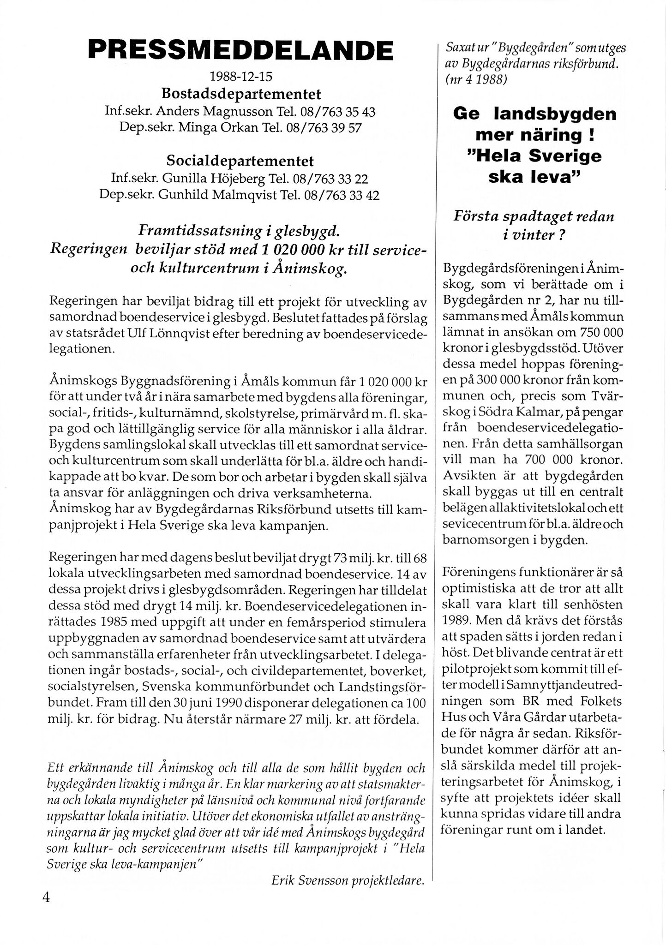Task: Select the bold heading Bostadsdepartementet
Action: pos(240,94)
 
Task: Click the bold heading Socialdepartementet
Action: pos(240,161)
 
